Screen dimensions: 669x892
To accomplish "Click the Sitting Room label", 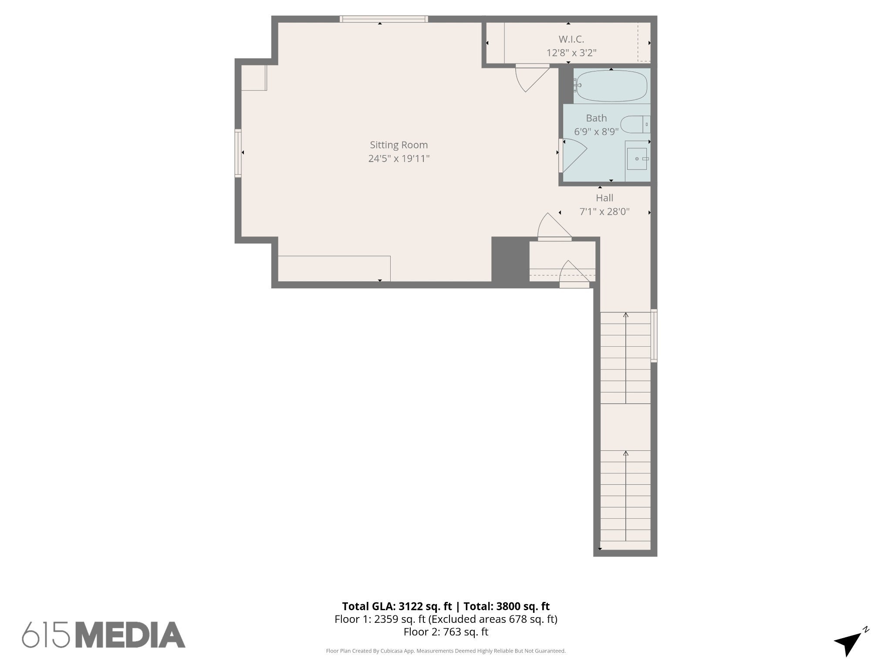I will (x=399, y=145).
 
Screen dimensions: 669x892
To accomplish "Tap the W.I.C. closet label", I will (x=571, y=39).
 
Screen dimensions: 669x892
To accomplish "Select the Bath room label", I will (x=596, y=118).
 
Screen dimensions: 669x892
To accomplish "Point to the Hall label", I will (x=604, y=198).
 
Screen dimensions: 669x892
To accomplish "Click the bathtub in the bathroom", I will (x=612, y=86).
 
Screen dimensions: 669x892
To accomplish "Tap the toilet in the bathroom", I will (x=634, y=125).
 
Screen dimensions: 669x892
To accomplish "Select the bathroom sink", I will (x=637, y=159).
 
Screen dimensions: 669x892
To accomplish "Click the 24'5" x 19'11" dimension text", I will (x=399, y=159).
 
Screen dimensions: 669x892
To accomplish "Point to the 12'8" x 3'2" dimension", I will (x=571, y=53).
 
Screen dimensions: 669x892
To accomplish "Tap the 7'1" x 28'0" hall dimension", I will (x=604, y=212).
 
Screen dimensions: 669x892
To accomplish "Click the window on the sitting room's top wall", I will (x=383, y=19).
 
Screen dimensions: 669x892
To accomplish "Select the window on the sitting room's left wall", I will (x=238, y=153).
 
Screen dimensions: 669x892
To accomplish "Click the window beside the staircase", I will (x=654, y=335).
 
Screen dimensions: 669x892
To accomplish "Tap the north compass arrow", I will (x=850, y=643).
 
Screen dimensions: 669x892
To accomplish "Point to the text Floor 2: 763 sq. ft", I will (x=446, y=632).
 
